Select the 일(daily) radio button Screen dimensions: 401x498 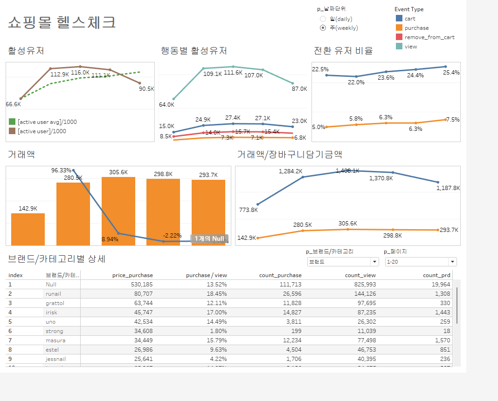click(323, 19)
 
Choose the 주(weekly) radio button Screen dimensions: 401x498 click(323, 28)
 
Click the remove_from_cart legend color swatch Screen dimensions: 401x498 click(399, 37)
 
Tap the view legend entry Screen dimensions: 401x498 click(411, 47)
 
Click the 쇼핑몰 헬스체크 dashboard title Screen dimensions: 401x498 click(62, 22)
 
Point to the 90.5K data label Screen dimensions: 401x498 click(146, 89)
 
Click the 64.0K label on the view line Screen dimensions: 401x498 click(166, 105)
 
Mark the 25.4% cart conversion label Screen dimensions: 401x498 click(451, 73)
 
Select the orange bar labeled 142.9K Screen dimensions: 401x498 click(28, 229)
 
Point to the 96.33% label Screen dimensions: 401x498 click(61, 170)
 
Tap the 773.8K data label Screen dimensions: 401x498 click(248, 210)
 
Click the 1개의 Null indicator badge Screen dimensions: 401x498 click(209, 238)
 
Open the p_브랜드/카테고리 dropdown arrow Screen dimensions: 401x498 click(374, 262)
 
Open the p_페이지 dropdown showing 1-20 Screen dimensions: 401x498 click(421, 262)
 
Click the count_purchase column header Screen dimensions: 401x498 click(280, 275)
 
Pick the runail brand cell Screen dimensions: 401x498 click(53, 294)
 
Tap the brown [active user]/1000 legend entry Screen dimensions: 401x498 click(41, 131)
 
